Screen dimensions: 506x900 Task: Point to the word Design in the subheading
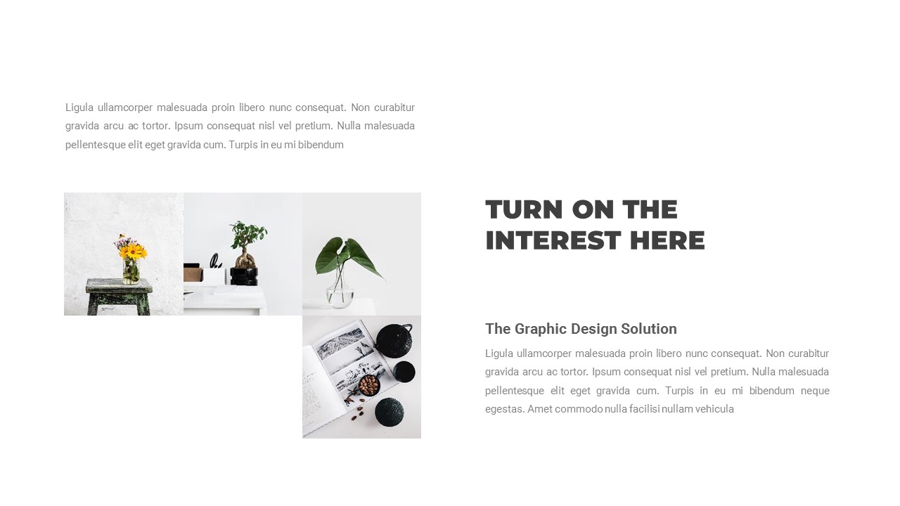pos(593,329)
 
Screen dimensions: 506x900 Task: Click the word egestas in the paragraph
pos(503,409)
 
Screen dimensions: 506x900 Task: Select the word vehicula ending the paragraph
pos(714,409)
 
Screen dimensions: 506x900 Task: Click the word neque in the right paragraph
pos(815,391)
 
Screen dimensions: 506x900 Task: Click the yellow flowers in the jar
pos(131,251)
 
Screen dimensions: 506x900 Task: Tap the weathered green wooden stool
pos(120,295)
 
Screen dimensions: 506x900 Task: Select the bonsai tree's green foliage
pos(247,234)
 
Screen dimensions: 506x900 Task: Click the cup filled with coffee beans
pos(369,384)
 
